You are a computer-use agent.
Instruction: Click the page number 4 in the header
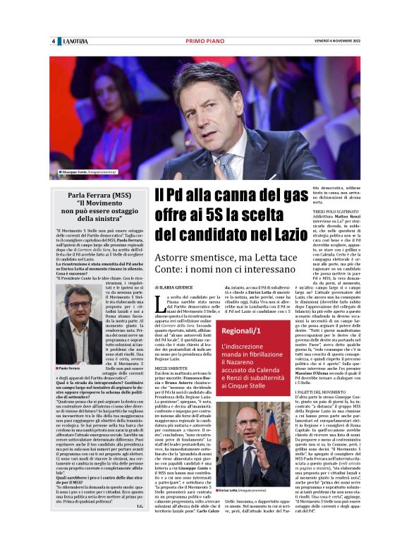tap(54, 41)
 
